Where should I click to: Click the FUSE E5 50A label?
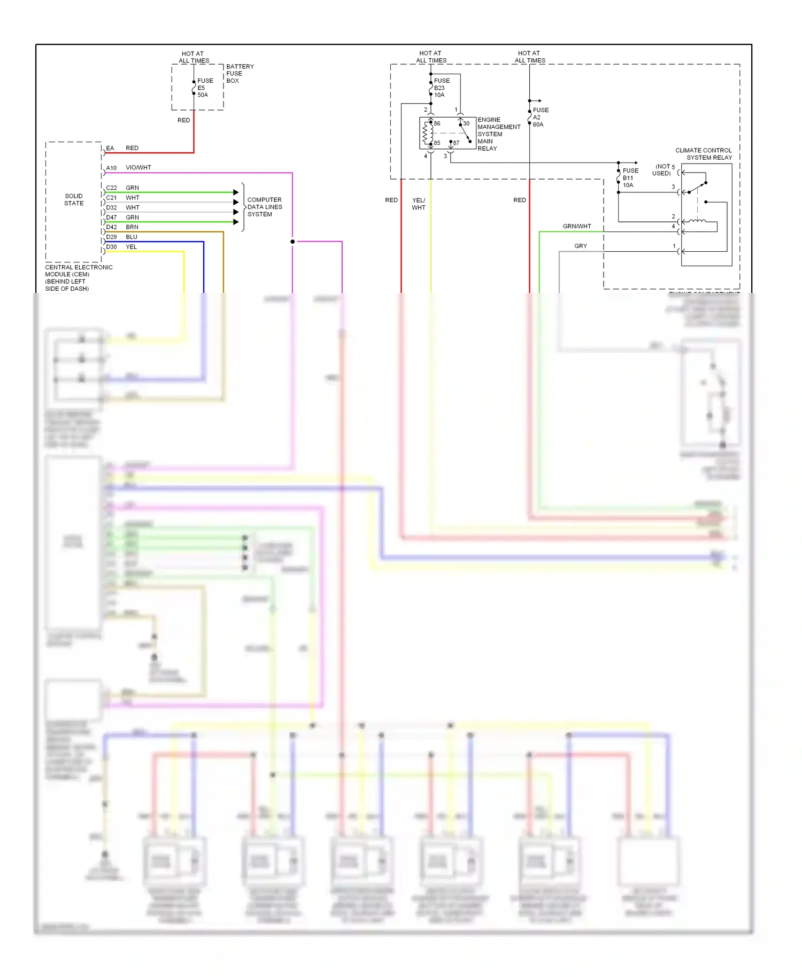pyautogui.click(x=205, y=88)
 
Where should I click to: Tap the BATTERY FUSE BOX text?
pyautogui.click(x=240, y=74)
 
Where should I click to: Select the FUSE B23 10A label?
pyautogui.click(x=441, y=88)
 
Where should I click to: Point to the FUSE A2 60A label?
pyautogui.click(x=540, y=117)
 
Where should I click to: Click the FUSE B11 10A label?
pyautogui.click(x=630, y=178)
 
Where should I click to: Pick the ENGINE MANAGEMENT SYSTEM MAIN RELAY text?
pyautogui.click(x=498, y=134)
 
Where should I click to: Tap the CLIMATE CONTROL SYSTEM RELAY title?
pyautogui.click(x=703, y=154)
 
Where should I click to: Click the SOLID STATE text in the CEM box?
pyautogui.click(x=74, y=199)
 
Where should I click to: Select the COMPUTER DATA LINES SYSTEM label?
pyautogui.click(x=264, y=207)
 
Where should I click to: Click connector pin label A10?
pyautogui.click(x=111, y=168)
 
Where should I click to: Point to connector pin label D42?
pyautogui.click(x=111, y=227)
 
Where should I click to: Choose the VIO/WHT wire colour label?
pyautogui.click(x=138, y=168)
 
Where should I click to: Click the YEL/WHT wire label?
pyautogui.click(x=419, y=204)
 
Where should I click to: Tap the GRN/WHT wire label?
pyautogui.click(x=577, y=226)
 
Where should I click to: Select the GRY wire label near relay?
pyautogui.click(x=581, y=246)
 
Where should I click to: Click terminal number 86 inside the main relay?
pyautogui.click(x=437, y=123)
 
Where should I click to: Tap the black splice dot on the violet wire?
pyautogui.click(x=292, y=242)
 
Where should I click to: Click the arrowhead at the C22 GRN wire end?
pyautogui.click(x=236, y=192)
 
